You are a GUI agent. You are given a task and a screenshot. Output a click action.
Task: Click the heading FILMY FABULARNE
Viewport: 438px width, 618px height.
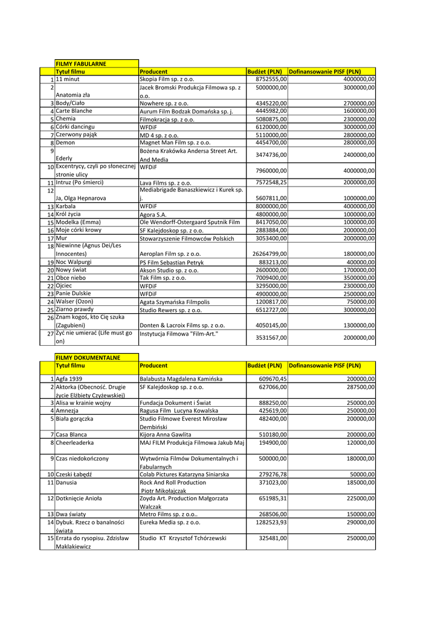tap(81, 63)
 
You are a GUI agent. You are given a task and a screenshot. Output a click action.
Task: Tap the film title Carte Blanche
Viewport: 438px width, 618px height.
tap(74, 111)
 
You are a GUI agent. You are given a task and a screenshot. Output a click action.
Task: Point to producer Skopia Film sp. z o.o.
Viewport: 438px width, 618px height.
tap(167, 79)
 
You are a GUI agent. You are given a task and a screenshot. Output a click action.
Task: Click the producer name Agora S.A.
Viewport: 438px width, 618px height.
tap(153, 214)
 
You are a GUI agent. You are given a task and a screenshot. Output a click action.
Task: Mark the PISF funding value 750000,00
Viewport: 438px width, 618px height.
tap(361, 302)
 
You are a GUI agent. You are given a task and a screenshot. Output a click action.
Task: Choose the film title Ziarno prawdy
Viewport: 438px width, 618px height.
tap(75, 309)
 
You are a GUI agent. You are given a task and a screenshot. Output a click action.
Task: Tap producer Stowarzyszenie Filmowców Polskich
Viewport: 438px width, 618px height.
tap(187, 238)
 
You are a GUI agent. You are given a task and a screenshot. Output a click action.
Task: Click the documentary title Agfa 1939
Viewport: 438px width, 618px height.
tap(69, 378)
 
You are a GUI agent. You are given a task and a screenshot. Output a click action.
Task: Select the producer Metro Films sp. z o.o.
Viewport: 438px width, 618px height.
tap(169, 514)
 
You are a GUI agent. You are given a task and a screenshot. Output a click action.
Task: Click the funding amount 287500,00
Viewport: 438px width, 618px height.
tap(361, 387)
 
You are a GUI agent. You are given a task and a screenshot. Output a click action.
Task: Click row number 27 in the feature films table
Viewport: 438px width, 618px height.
tap(51, 333)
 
